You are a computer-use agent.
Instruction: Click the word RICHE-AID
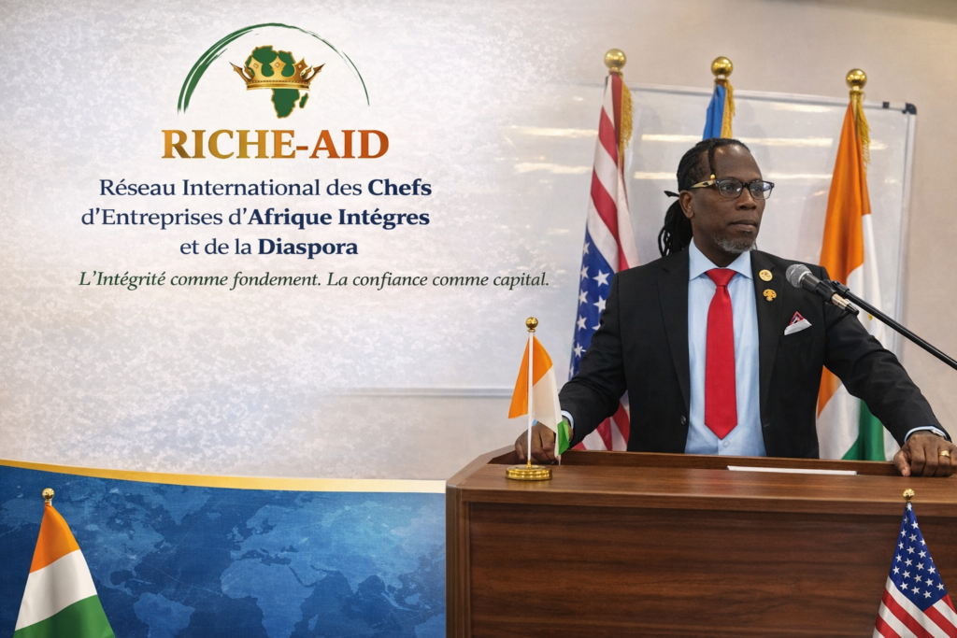coord(276,145)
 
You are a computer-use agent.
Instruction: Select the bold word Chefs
coord(399,188)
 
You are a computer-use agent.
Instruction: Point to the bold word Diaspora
coord(307,247)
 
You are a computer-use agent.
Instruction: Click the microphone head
coord(801,276)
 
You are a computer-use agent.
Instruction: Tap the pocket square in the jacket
coord(797,322)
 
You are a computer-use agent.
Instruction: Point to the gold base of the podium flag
coord(529,472)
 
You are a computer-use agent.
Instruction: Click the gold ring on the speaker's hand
coord(944,454)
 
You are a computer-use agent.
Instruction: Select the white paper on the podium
coord(792,470)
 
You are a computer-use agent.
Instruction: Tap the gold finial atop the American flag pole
coord(615,60)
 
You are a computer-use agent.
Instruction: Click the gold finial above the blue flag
coord(722,67)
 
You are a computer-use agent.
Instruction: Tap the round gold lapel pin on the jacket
coord(765,275)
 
